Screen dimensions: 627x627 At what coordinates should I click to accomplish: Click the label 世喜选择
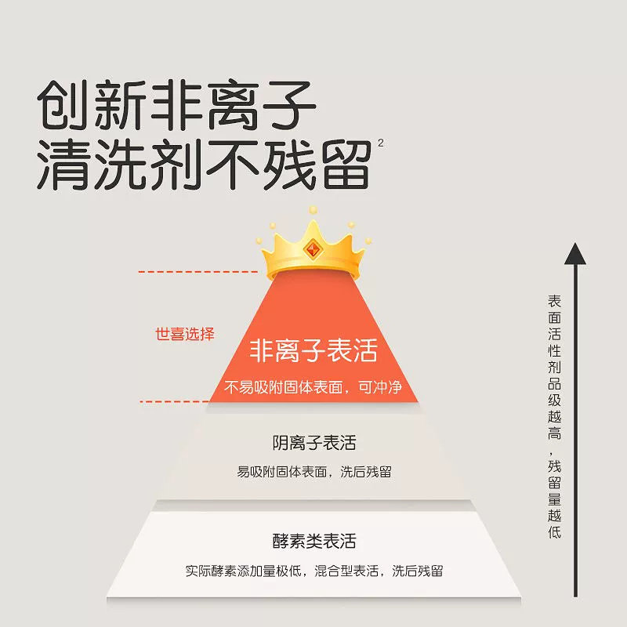(x=184, y=333)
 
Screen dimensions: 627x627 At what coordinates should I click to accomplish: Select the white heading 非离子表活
(x=313, y=350)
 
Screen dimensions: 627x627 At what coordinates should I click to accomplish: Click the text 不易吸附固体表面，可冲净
(x=313, y=387)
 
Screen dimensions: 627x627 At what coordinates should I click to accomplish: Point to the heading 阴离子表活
(x=314, y=443)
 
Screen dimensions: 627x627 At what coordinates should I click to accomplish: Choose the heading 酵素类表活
(x=314, y=542)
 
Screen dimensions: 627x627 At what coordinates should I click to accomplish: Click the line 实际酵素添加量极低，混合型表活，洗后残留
(x=314, y=571)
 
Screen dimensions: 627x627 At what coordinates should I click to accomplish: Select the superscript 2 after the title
(x=380, y=142)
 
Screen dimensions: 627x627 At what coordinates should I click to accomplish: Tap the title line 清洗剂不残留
(x=204, y=164)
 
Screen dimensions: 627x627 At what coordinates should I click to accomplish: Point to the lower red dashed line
(x=174, y=401)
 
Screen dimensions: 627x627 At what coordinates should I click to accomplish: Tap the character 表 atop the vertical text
(x=554, y=300)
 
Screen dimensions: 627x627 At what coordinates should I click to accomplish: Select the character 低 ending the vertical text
(x=554, y=533)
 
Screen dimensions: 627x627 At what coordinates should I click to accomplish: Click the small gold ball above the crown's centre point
(x=313, y=209)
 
